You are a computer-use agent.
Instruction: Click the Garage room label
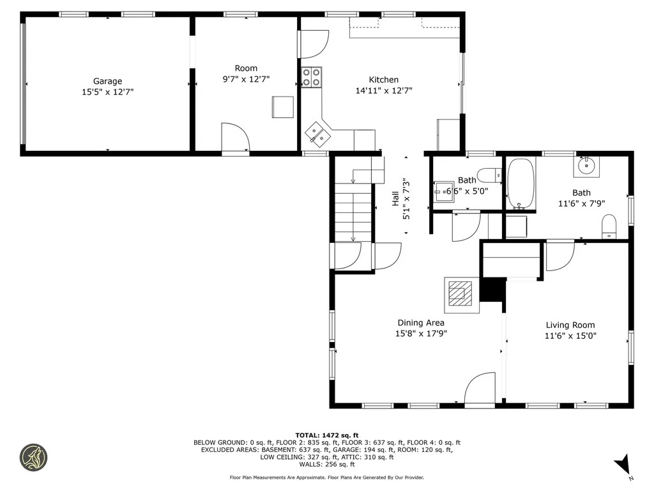(107, 81)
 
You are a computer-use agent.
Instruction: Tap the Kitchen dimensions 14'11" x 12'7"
(384, 91)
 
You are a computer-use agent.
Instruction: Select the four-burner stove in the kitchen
(312, 77)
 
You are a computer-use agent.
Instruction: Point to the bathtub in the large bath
(521, 183)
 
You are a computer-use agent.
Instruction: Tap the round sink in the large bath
(586, 166)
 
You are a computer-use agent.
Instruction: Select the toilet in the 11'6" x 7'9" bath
(609, 227)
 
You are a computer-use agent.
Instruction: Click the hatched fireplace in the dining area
(460, 293)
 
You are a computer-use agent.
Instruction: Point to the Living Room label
(570, 325)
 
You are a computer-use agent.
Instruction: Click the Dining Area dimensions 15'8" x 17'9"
(421, 334)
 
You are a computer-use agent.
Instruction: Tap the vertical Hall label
(395, 198)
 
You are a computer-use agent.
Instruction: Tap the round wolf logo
(34, 458)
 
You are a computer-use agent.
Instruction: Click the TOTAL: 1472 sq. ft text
(327, 435)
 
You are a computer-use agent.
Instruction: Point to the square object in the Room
(283, 107)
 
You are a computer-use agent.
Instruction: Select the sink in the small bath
(444, 192)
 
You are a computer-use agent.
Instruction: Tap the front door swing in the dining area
(480, 388)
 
